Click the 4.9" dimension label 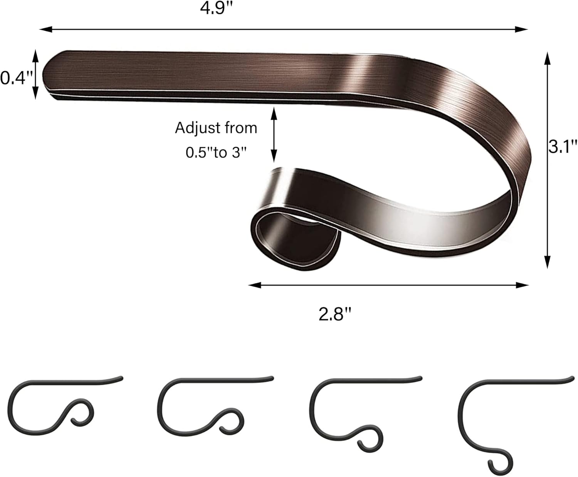click(217, 8)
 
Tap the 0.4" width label click(17, 78)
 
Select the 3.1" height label click(563, 146)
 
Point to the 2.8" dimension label click(335, 314)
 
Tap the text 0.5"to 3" click(216, 152)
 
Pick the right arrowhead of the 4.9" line click(521, 29)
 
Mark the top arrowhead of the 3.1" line click(547, 58)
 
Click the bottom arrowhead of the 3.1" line click(547, 262)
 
